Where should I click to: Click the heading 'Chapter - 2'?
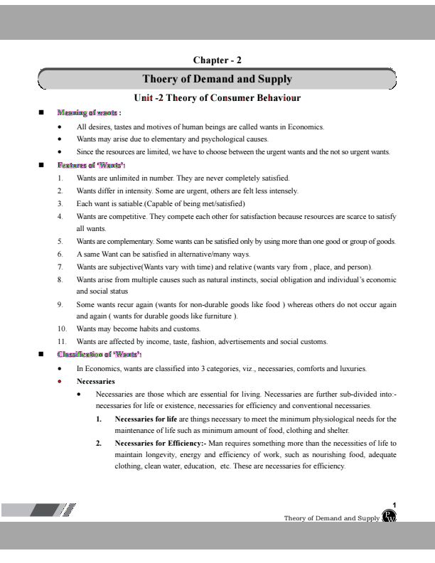(217, 60)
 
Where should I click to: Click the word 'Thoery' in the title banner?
(161, 79)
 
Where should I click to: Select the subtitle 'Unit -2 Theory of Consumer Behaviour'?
(217, 98)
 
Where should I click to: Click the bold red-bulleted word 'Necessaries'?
(96, 381)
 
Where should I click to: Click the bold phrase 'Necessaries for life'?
(146, 419)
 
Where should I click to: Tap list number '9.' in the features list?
(61, 304)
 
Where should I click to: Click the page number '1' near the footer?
(394, 505)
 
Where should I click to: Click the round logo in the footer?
(389, 516)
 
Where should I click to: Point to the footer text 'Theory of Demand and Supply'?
(332, 518)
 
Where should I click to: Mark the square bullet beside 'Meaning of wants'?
(41, 112)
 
